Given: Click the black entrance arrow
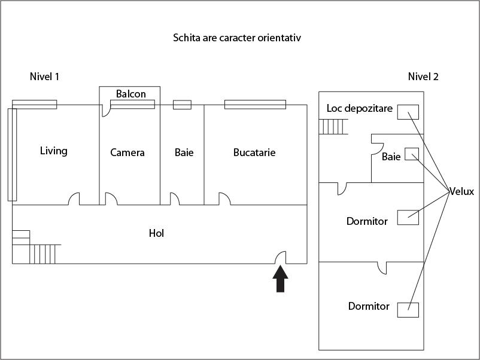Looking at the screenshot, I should coord(281,279).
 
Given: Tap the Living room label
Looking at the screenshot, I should coord(54,151).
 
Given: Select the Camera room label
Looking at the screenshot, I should coord(127,152).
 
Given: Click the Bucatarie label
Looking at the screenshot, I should coord(254,152).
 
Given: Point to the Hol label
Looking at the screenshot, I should coord(156,233).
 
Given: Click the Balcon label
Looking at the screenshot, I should coord(131,94).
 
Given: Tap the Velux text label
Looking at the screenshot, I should coord(461,191).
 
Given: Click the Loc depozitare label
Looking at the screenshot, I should coord(360,108).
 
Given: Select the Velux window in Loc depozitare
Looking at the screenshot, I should coord(408,112).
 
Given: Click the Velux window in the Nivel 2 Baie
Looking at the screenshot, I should coord(412,154).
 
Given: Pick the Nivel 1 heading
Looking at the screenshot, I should coord(44,77).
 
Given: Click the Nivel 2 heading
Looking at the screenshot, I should coord(423,77).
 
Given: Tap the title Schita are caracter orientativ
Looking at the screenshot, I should coord(236,38).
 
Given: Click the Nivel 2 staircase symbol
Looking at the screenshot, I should coord(333,127).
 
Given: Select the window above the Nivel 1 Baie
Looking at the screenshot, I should coord(182,105).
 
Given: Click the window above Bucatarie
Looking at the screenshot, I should coord(256,105).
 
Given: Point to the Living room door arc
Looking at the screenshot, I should coord(75,199).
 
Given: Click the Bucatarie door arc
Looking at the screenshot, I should coord(224,199).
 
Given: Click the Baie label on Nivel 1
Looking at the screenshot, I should coord(184,152).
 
